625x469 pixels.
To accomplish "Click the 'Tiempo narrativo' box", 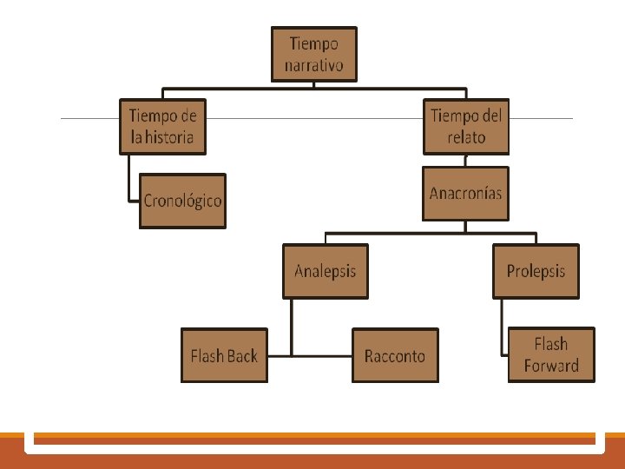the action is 314,54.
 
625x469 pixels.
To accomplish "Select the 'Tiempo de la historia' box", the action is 163,126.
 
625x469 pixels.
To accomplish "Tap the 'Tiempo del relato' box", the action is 466,126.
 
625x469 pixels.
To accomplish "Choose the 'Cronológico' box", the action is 182,201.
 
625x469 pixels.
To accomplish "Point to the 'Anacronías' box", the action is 466,193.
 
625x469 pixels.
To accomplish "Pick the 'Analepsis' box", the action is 326,271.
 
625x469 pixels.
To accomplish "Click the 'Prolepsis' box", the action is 536,271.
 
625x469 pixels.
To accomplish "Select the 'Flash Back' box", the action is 224,355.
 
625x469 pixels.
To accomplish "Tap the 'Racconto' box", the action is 395,355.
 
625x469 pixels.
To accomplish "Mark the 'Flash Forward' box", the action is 551,354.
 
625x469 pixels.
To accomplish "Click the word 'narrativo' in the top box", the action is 314,65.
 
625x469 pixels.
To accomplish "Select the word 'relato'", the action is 466,137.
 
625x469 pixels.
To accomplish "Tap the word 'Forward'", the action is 551,366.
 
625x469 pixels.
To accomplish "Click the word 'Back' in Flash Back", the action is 242,356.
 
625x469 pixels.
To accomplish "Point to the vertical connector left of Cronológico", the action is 128,178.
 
